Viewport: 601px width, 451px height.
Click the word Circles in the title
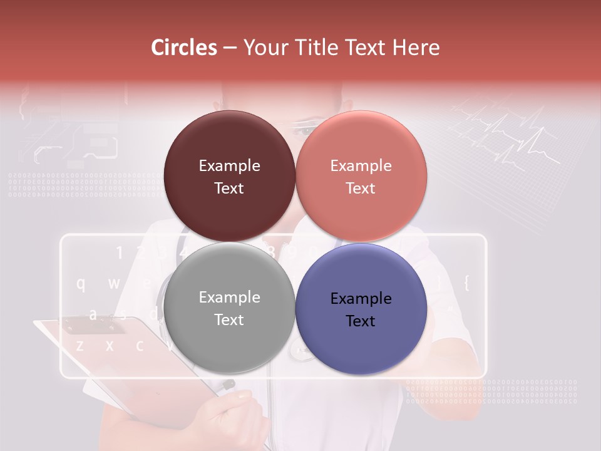[184, 48]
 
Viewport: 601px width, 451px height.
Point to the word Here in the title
[416, 48]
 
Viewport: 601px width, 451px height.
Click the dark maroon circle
[229, 176]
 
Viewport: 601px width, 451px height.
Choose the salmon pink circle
[361, 176]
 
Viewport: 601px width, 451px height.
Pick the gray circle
[229, 308]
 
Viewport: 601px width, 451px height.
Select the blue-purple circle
[361, 308]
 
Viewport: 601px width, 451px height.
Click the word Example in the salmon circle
[361, 166]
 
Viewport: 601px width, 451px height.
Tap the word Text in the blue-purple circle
[361, 321]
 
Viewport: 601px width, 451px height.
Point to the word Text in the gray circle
[229, 319]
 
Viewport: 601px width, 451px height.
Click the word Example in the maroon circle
[229, 166]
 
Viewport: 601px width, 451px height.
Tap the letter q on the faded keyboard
[81, 284]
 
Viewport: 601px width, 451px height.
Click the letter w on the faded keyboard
[113, 283]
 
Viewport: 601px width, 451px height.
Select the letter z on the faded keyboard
[80, 345]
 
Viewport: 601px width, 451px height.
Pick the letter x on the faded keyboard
[110, 345]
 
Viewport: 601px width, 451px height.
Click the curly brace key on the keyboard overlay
[466, 283]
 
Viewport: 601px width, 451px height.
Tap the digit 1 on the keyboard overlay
[120, 253]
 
